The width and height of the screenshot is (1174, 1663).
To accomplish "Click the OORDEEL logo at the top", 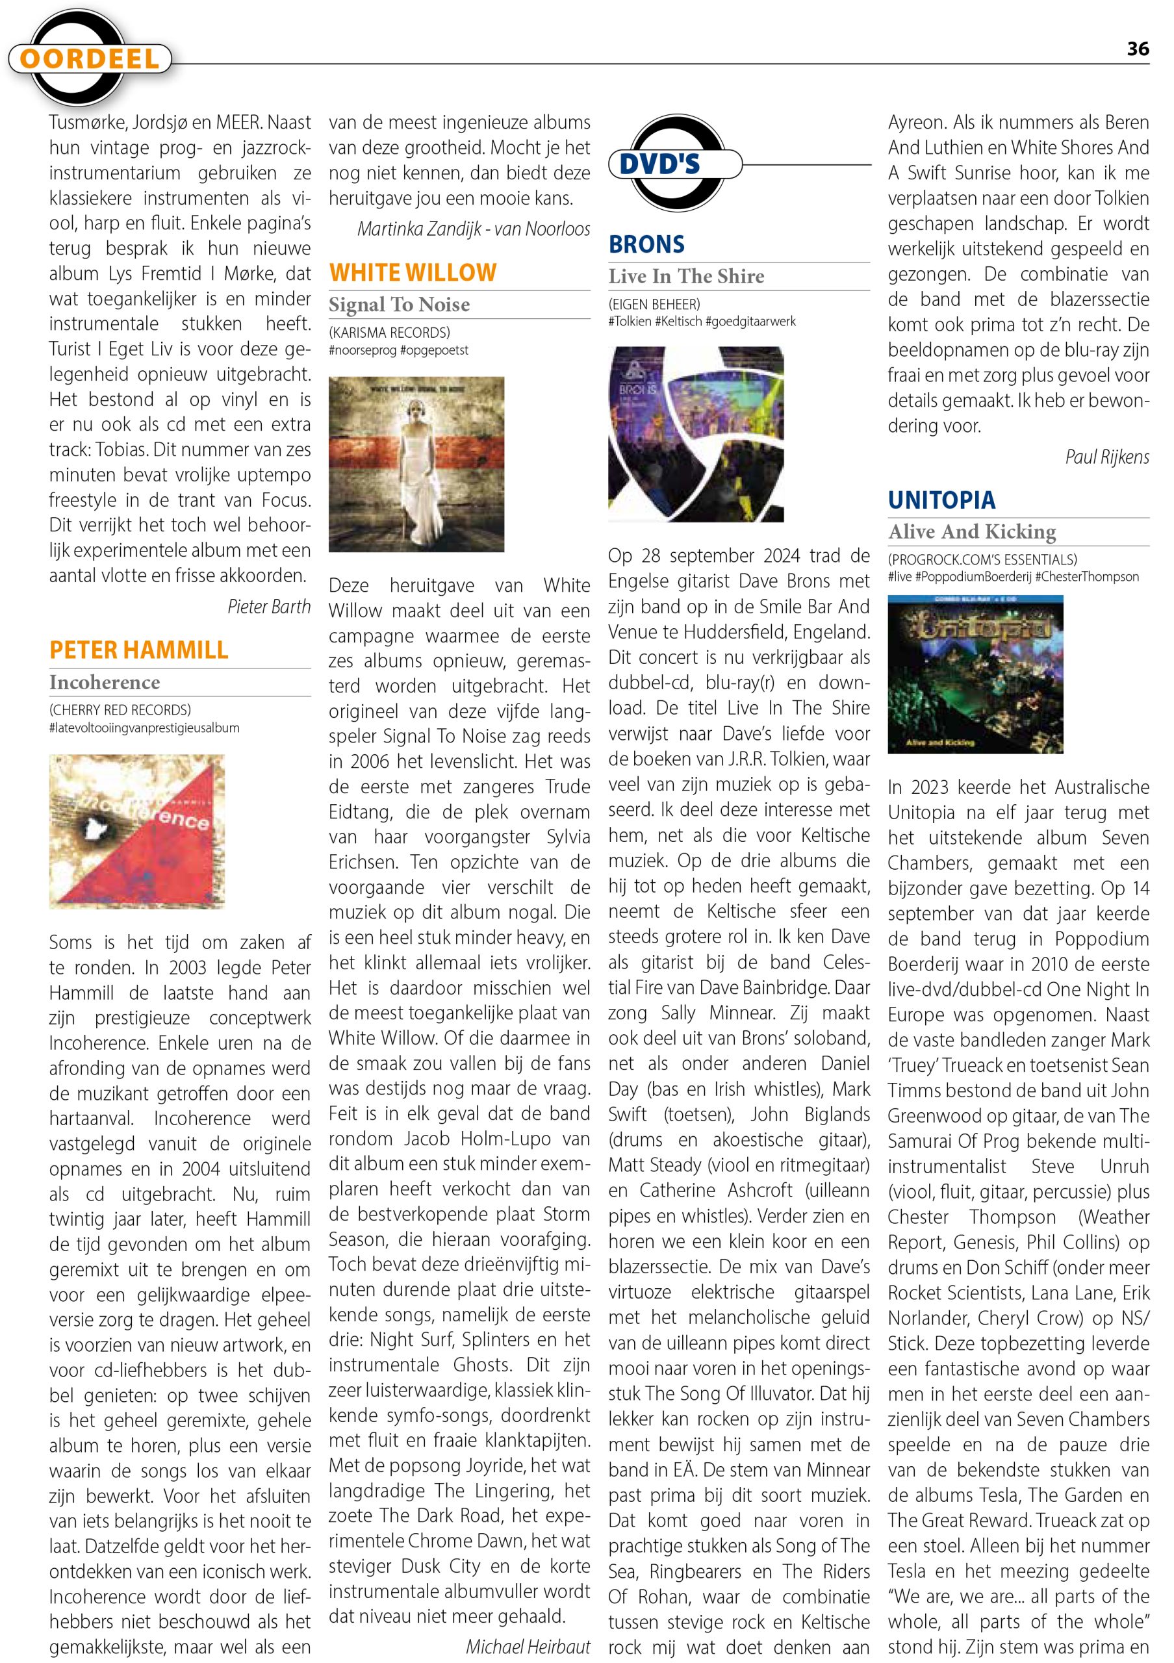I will [x=90, y=58].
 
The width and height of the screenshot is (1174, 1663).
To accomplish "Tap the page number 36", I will [x=1137, y=49].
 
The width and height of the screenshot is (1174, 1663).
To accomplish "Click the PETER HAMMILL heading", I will [x=138, y=650].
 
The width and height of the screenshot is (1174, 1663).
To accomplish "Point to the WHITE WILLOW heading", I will [x=413, y=272].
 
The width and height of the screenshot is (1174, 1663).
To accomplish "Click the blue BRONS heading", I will [x=646, y=244].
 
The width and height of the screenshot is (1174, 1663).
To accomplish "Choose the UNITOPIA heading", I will [x=941, y=500].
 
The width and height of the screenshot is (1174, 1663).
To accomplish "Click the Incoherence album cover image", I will [x=137, y=831].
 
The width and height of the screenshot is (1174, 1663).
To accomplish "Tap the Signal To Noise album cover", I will [x=416, y=464].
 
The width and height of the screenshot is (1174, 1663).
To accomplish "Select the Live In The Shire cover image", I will [x=695, y=435].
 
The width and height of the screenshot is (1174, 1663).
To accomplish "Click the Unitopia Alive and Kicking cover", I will [x=975, y=674].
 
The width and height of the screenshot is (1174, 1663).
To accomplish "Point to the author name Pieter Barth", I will [x=269, y=606].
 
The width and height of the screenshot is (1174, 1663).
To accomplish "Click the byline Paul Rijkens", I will [x=1106, y=457].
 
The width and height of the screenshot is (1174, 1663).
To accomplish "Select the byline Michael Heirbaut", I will [x=528, y=1646].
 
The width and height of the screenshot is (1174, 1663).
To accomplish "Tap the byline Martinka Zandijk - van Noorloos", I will [x=474, y=229].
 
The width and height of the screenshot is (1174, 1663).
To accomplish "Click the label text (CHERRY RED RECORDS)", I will [x=120, y=710].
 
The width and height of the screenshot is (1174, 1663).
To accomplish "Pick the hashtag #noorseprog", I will [x=361, y=351].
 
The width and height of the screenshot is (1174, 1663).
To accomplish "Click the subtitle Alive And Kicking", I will [x=972, y=531].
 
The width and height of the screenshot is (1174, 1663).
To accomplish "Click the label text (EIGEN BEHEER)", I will [x=654, y=304].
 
